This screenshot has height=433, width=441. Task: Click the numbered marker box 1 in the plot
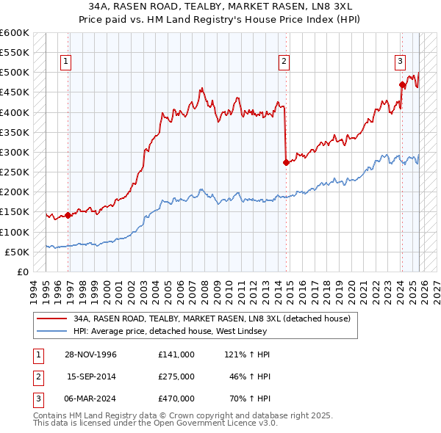point(66,62)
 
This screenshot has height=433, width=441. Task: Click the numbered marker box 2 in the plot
point(284,62)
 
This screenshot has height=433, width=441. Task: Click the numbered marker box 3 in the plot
point(401,62)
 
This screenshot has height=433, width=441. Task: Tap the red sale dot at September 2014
point(286,163)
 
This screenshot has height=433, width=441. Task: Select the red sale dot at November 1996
point(68,216)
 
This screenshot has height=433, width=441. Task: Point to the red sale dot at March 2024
point(402,84)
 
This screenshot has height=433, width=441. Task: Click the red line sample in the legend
point(51,319)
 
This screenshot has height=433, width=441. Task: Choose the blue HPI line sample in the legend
point(51,330)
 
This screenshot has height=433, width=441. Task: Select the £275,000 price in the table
point(176,376)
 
